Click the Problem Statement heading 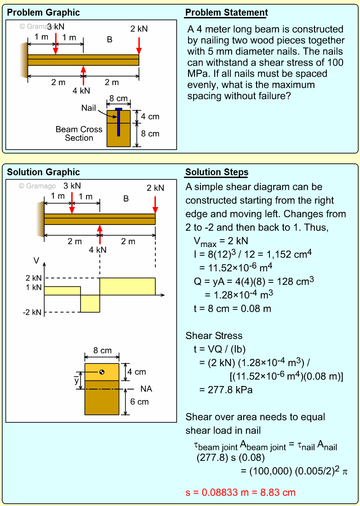point(226,12)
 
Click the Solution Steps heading point(217,172)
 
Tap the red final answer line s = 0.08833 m point(240,493)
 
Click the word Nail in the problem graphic point(89,108)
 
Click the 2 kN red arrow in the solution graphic point(155,204)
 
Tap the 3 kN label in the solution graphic point(72,186)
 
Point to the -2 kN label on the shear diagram point(32,313)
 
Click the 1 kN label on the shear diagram point(34,287)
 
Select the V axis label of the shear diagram point(36,261)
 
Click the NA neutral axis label point(146,389)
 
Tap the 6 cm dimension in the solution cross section point(139,402)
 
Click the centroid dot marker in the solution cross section point(102,372)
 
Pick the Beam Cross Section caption point(79,133)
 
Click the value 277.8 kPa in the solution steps point(226,390)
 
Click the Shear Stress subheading point(214,336)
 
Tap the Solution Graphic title point(43,172)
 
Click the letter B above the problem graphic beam point(110,40)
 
